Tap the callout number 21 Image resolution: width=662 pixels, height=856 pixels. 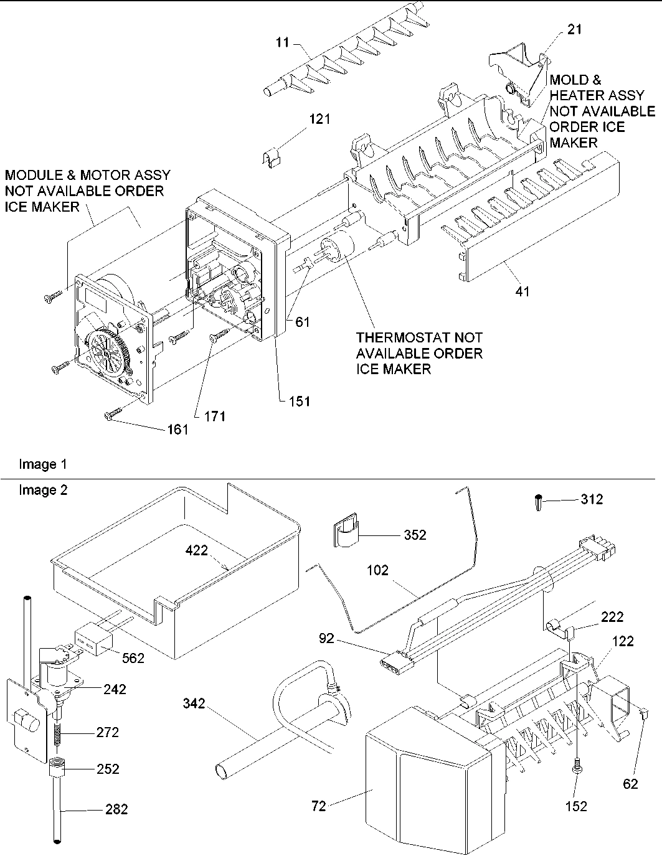[x=575, y=29]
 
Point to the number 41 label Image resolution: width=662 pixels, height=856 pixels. [x=523, y=290]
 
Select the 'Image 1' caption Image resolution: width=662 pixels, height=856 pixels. [x=43, y=464]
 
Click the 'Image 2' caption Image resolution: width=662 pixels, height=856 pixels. [x=43, y=490]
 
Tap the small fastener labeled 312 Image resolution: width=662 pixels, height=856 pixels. [x=537, y=501]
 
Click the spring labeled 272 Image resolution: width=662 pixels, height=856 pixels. [x=57, y=734]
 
